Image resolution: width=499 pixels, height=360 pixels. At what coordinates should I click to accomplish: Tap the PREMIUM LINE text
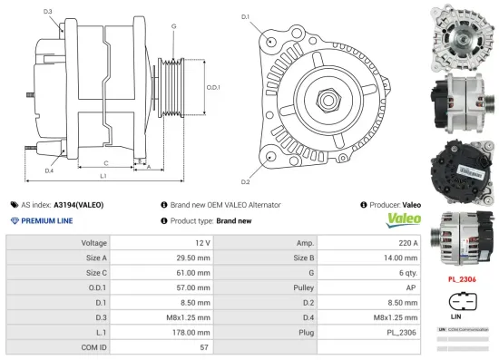pyautogui.click(x=45, y=220)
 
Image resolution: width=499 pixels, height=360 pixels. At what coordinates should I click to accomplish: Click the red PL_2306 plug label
pyautogui.click(x=462, y=279)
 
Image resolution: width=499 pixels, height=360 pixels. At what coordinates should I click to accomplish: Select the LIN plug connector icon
pyautogui.click(x=456, y=300)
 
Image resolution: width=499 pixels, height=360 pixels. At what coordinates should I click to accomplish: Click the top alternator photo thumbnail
pyautogui.click(x=462, y=35)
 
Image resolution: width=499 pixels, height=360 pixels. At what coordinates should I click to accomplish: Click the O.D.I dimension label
pyautogui.click(x=213, y=86)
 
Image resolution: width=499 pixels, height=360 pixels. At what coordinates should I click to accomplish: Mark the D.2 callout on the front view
pyautogui.click(x=246, y=170)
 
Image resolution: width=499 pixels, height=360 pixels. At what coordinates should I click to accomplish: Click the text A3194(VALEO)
pyautogui.click(x=78, y=205)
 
